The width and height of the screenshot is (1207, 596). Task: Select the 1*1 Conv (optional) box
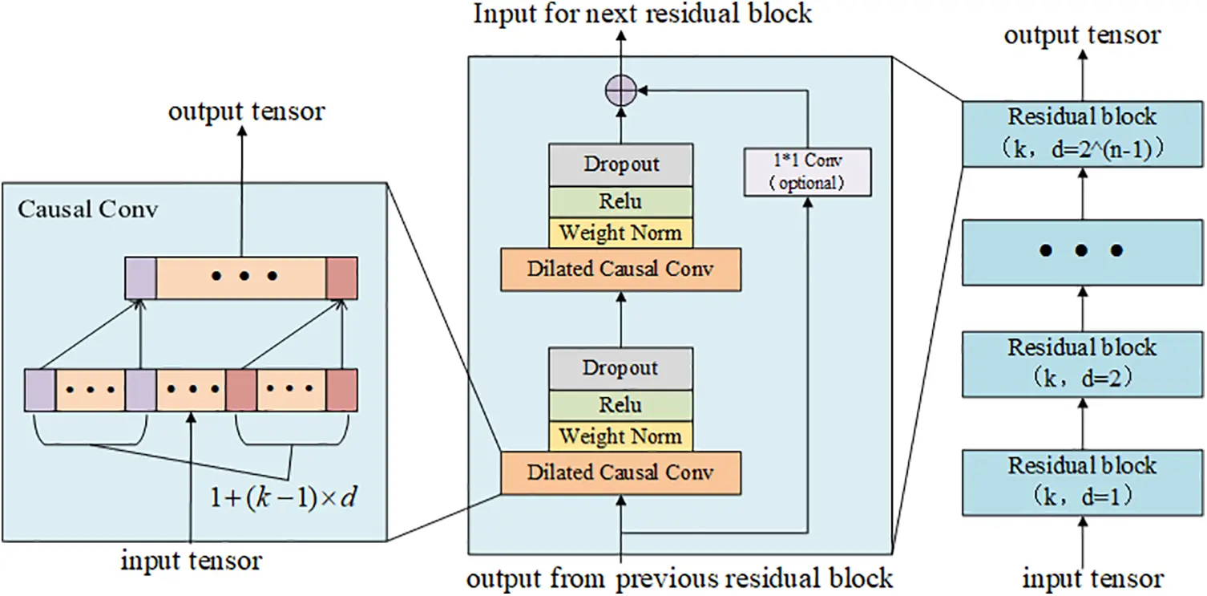(806, 172)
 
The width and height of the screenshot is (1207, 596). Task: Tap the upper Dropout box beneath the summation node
(620, 164)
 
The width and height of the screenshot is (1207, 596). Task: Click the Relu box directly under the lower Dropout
(620, 405)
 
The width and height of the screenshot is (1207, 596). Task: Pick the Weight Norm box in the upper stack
(620, 233)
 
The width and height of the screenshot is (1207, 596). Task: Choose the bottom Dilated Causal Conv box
(620, 472)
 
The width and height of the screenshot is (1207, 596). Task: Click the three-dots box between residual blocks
(1082, 251)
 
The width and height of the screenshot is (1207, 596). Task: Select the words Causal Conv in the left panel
(88, 210)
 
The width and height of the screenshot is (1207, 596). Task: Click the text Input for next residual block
(642, 14)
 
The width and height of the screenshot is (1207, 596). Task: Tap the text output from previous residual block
(680, 578)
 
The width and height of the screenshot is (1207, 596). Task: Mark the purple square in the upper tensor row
(140, 278)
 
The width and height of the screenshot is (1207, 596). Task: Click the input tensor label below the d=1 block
(1093, 578)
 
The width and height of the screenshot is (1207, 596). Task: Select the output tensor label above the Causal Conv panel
(247, 111)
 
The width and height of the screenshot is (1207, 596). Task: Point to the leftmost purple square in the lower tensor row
(39, 390)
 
